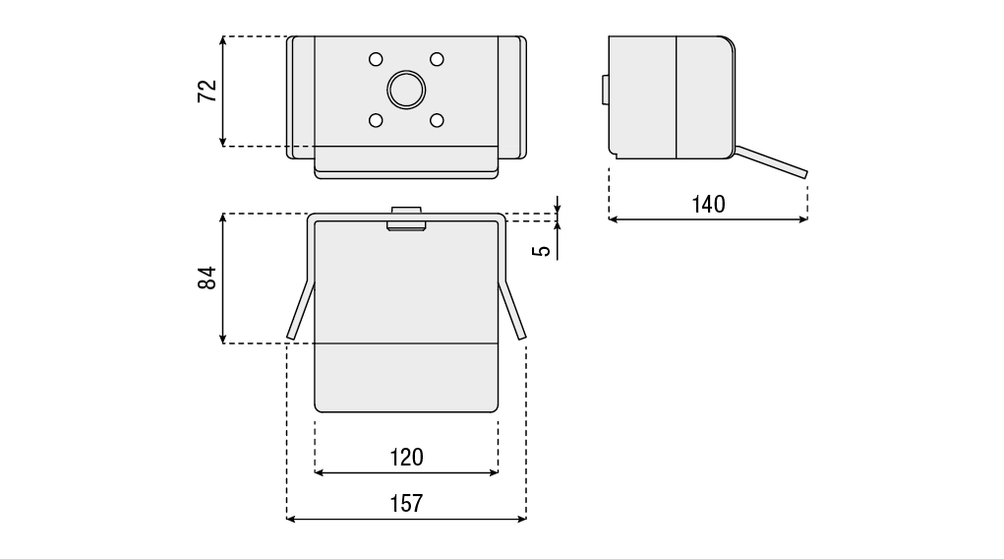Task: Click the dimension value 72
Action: [x=207, y=91]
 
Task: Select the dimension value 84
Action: [x=207, y=279]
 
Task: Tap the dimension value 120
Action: [x=406, y=457]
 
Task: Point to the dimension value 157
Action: [x=406, y=503]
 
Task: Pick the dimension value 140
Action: [x=708, y=205]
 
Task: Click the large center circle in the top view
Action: [x=406, y=90]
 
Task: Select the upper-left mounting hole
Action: [x=376, y=60]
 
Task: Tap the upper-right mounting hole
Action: [x=437, y=60]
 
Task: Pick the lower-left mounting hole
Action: [x=376, y=120]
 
